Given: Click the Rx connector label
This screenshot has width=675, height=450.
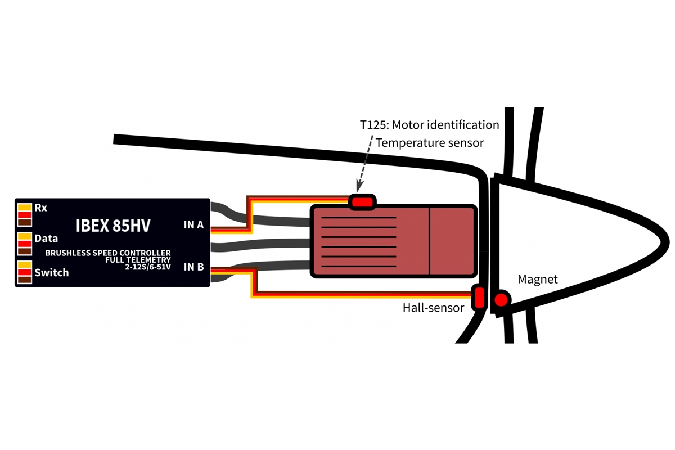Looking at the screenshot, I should click(x=41, y=208).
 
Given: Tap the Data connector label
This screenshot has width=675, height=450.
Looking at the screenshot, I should click(x=46, y=238).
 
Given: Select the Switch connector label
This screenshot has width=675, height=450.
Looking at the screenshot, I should click(x=51, y=273).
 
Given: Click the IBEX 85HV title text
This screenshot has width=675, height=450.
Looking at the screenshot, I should click(x=113, y=226).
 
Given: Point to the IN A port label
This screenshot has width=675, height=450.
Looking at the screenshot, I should click(x=193, y=225).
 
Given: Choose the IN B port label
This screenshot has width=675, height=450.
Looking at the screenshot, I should click(x=193, y=267).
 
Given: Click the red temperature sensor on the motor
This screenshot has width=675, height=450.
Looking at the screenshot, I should click(x=362, y=201).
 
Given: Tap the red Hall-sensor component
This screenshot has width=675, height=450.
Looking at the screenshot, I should click(x=479, y=297).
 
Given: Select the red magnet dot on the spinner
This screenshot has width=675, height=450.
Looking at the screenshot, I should click(x=499, y=301).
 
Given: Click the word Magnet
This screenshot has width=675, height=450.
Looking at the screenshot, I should click(x=538, y=280).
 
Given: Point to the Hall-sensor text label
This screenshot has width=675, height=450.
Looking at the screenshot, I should click(x=433, y=308).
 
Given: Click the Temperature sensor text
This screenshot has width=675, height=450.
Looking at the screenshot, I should click(x=430, y=143).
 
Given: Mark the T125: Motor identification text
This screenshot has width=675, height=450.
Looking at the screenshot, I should click(x=430, y=124).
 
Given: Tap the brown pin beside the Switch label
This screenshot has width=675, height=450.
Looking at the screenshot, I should click(x=24, y=280).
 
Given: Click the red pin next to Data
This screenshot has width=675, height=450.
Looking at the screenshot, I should click(x=24, y=244).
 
